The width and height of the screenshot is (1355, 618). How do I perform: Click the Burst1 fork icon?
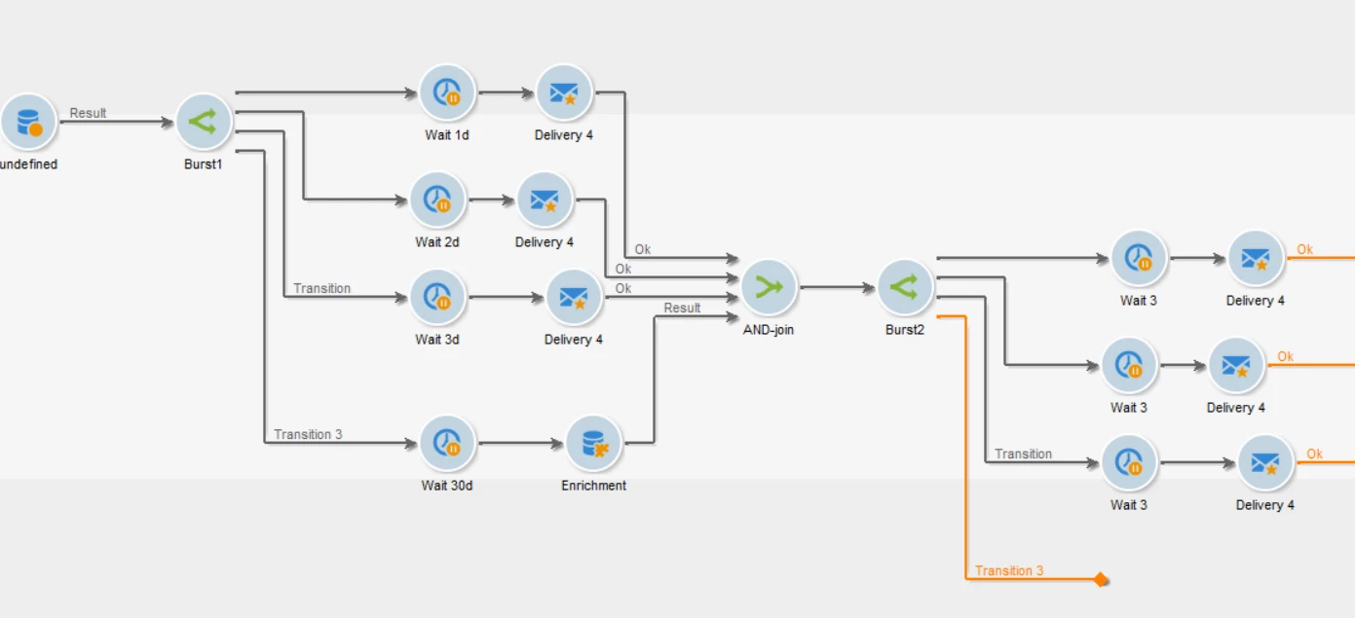point(204,122)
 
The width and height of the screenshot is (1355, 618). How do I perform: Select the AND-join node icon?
point(769,287)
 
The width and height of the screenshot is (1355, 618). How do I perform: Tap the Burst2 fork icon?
point(905,287)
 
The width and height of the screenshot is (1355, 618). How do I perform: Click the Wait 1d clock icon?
point(447,92)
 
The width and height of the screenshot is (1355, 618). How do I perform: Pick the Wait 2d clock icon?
point(437,200)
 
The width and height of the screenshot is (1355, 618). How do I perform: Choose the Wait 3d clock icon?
point(437,297)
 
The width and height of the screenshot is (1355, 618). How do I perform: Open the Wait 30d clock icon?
point(447,443)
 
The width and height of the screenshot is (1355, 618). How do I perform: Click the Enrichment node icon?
point(593,443)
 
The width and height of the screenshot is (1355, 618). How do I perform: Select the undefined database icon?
point(28,122)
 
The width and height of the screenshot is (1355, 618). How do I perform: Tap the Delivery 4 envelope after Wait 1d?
point(564,92)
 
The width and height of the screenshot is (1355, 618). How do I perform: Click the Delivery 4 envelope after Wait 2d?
point(545,200)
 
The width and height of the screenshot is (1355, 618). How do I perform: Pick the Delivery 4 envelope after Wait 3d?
point(574,297)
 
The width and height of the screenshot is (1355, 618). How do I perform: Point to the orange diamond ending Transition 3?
point(1101,580)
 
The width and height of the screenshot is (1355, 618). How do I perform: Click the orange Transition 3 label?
point(1009,570)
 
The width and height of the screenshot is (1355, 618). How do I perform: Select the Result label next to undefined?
point(88,113)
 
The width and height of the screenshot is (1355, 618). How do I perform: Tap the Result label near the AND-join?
point(682,308)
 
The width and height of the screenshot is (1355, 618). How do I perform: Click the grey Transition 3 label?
point(308,434)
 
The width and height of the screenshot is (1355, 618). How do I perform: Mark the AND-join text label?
point(769,330)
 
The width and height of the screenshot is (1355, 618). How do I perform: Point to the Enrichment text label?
point(593,486)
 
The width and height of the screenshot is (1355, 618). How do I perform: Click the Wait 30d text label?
point(447,486)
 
